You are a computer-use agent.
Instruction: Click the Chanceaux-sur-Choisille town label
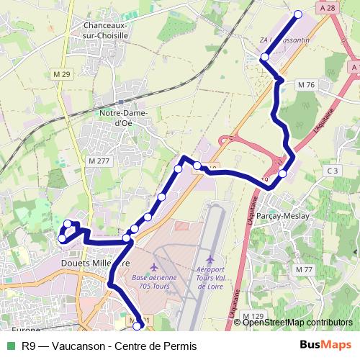coord(100,28)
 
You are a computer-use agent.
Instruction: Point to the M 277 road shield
coord(99,161)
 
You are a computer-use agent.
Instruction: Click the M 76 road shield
coord(306,85)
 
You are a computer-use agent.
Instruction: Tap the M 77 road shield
coord(305,269)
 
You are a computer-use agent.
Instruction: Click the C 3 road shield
coord(332,171)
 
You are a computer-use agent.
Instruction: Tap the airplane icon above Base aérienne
coord(154,268)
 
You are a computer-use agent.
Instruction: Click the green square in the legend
coord(9,346)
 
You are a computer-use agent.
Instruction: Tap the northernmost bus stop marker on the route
coord(298,14)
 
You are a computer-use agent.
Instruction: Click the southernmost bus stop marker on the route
coord(138,326)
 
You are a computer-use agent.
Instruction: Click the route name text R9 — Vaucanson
coord(65,346)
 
